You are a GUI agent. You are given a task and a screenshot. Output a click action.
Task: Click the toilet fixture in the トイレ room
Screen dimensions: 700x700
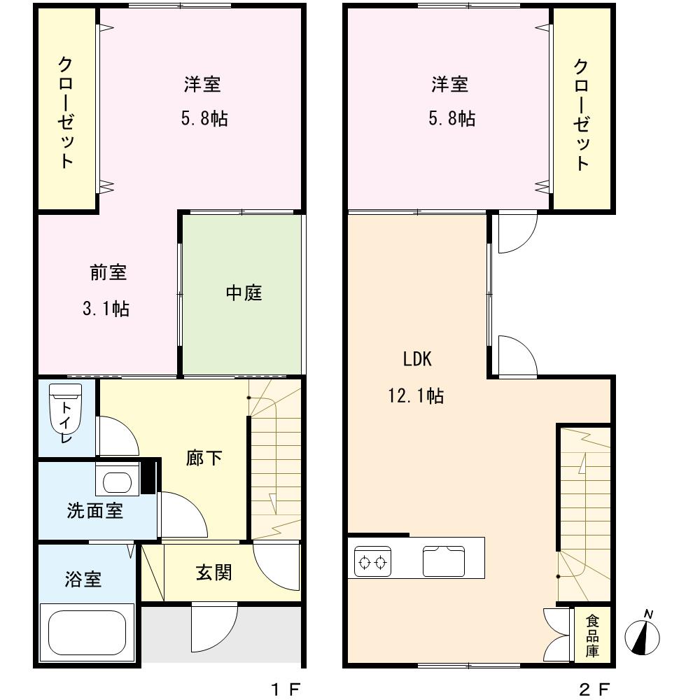coord(66,409)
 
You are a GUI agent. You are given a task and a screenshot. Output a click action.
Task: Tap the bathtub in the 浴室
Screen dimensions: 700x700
coord(87,633)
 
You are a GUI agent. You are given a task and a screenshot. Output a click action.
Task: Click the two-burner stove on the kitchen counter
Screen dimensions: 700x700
coord(373,561)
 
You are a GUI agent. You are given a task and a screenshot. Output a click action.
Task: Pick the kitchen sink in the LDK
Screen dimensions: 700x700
coord(444,561)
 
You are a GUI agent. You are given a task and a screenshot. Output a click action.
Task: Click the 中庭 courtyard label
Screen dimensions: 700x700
coord(244,293)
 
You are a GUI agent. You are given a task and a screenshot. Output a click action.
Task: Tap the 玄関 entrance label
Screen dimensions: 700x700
coord(213,573)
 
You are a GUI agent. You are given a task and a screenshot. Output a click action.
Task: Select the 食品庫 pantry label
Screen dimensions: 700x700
coord(592,636)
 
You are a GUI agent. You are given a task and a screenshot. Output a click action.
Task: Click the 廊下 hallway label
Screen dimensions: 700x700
coord(204,458)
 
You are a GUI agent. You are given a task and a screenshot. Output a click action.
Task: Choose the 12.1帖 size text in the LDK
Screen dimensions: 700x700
coord(416,395)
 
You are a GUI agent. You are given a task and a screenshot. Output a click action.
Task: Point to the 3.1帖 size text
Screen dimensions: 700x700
coord(106,309)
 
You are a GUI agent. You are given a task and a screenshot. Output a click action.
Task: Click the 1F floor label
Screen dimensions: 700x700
coord(286,689)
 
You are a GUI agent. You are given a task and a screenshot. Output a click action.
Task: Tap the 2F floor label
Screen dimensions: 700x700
coord(594,689)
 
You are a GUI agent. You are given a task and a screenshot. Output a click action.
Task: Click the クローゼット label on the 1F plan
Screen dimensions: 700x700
coord(66,113)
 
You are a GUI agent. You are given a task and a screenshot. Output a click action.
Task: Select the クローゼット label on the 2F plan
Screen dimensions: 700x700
coord(581,115)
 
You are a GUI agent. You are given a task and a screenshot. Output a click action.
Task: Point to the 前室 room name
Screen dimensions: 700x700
coord(108,272)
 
